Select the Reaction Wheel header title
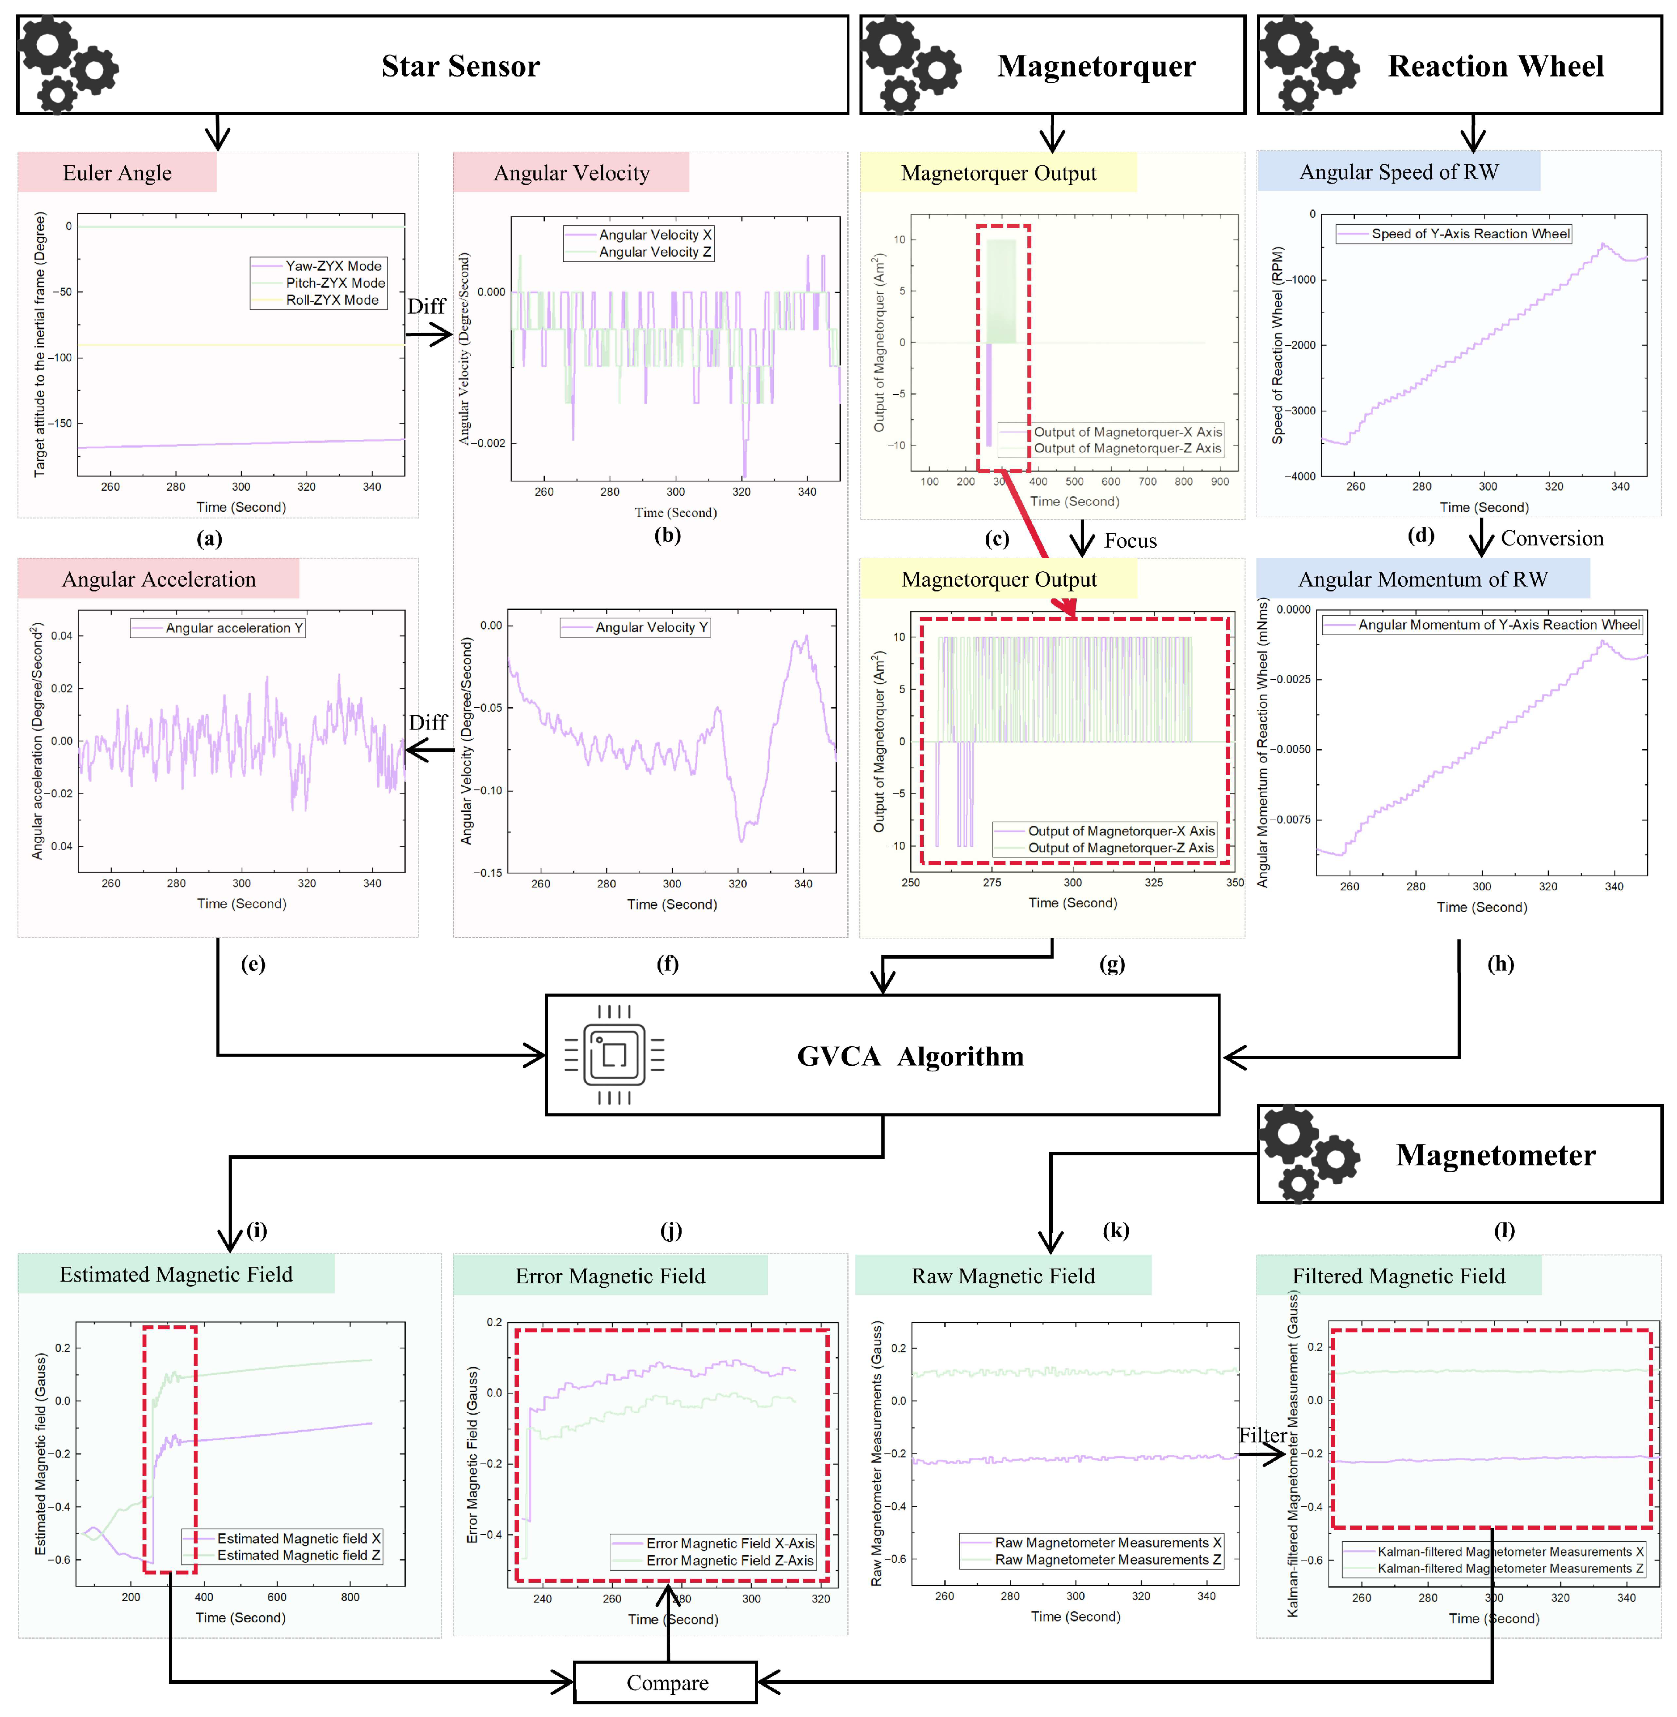(1496, 66)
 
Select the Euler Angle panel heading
(117, 173)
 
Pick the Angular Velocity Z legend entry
(654, 252)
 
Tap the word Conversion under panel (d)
(1552, 538)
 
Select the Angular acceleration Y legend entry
(233, 628)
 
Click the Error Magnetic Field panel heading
(610, 1276)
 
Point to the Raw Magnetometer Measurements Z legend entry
(1107, 1559)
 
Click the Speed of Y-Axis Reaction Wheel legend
(1470, 233)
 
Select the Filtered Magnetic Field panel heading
(1399, 1276)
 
